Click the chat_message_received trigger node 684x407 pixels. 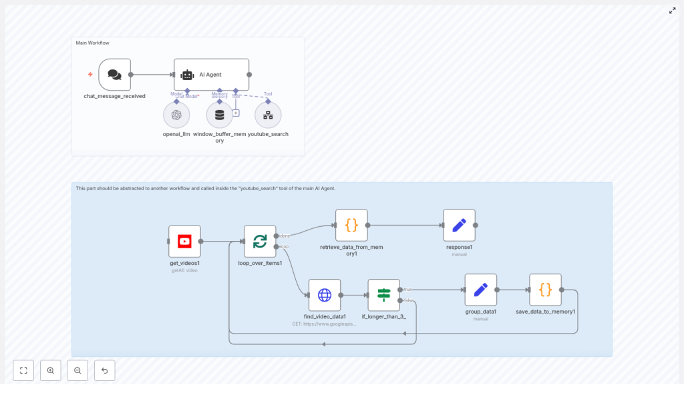pyautogui.click(x=114, y=75)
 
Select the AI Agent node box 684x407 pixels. pyautogui.click(x=211, y=75)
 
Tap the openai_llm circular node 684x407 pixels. pyautogui.click(x=176, y=115)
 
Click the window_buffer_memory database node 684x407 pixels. pyautogui.click(x=219, y=115)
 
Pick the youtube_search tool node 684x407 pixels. pyautogui.click(x=268, y=115)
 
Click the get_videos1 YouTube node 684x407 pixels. pyautogui.click(x=184, y=242)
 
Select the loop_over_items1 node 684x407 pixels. pyautogui.click(x=260, y=242)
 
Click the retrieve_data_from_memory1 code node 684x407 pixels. pyautogui.click(x=351, y=226)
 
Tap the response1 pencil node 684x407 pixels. pyautogui.click(x=459, y=226)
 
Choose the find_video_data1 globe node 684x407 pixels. pyautogui.click(x=325, y=295)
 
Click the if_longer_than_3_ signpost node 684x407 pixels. pyautogui.click(x=383, y=295)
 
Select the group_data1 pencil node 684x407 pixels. pyautogui.click(x=480, y=290)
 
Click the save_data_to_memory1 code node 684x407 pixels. pyautogui.click(x=545, y=290)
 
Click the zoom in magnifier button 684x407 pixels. pyautogui.click(x=51, y=370)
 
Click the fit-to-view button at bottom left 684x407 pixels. pyautogui.click(x=23, y=370)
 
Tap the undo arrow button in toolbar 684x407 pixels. pyautogui.click(x=104, y=370)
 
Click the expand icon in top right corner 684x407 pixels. pyautogui.click(x=672, y=11)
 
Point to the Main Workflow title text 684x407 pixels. pyautogui.click(x=92, y=43)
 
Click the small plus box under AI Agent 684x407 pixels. pyautogui.click(x=236, y=113)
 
